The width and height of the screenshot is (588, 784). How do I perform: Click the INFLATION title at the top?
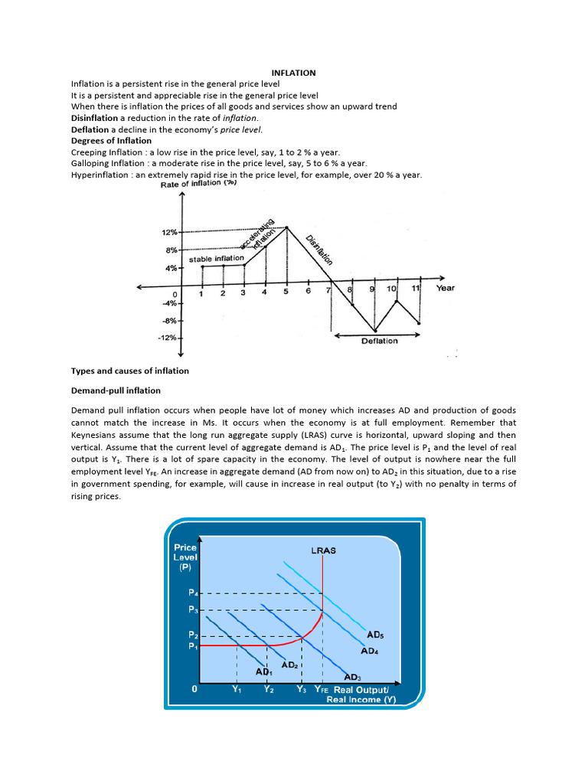pyautogui.click(x=294, y=73)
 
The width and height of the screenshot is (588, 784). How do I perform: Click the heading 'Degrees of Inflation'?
pyautogui.click(x=111, y=140)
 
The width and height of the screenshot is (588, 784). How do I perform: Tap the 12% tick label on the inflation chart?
pyautogui.click(x=168, y=232)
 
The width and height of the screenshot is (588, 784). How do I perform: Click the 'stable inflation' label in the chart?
pyautogui.click(x=216, y=259)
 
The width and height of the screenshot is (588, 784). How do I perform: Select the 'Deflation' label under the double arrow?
pyautogui.click(x=379, y=341)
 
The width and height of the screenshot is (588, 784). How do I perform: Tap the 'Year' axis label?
pyautogui.click(x=446, y=289)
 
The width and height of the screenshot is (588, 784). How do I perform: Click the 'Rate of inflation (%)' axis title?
pyautogui.click(x=199, y=185)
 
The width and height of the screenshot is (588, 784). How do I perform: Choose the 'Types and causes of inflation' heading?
pyautogui.click(x=129, y=371)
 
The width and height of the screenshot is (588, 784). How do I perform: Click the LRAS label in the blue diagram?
pyautogui.click(x=323, y=550)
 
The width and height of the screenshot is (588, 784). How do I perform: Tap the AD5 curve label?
pyautogui.click(x=374, y=635)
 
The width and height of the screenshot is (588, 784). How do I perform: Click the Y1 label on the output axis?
pyautogui.click(x=237, y=688)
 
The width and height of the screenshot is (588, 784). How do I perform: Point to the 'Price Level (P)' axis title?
pyautogui.click(x=185, y=557)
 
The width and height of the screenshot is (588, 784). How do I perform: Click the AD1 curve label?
pyautogui.click(x=264, y=671)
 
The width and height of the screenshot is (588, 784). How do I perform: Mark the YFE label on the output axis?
pyautogui.click(x=321, y=688)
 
